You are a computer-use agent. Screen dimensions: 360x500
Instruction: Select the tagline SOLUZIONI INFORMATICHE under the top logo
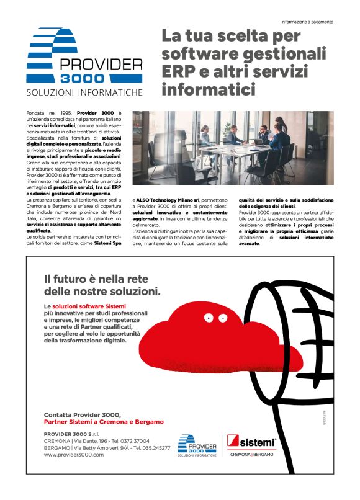pyautogui.click(x=84, y=92)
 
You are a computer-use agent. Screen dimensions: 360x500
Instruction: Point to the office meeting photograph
pyautogui.click(x=233, y=148)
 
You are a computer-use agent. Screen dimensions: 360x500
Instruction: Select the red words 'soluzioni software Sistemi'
pyautogui.click(x=89, y=306)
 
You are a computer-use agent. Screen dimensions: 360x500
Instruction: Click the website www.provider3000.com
pyautogui.click(x=74, y=455)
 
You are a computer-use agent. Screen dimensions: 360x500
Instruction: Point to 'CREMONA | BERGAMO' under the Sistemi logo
pyautogui.click(x=251, y=455)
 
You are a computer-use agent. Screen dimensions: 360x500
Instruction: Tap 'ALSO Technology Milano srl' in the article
pyautogui.click(x=168, y=200)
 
